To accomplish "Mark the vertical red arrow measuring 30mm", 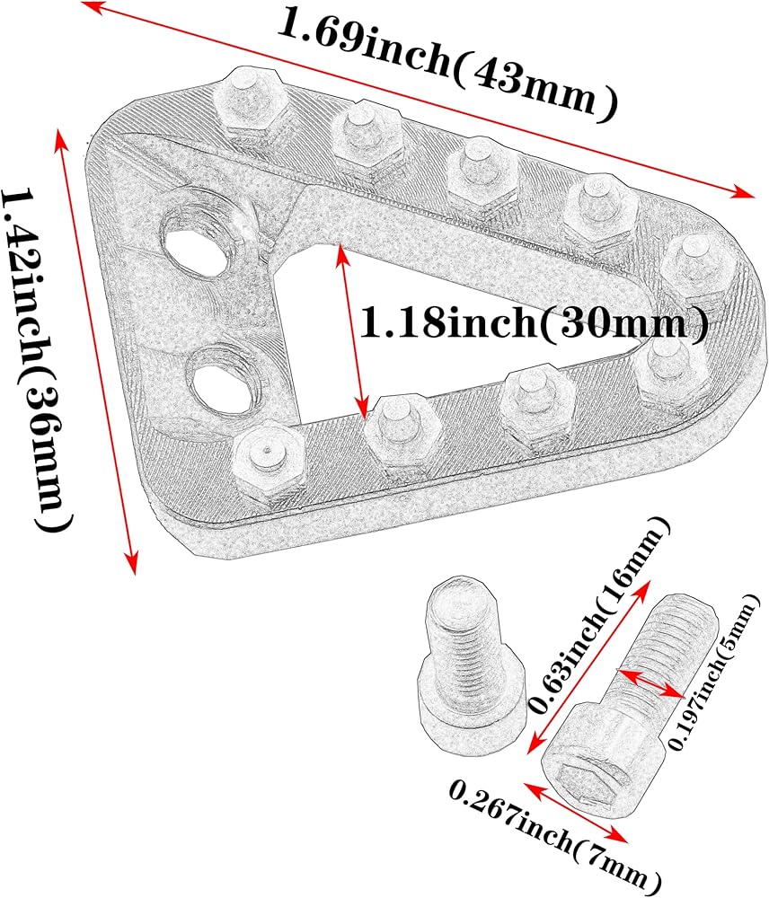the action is (351, 332).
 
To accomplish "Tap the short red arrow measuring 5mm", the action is (651, 684).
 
